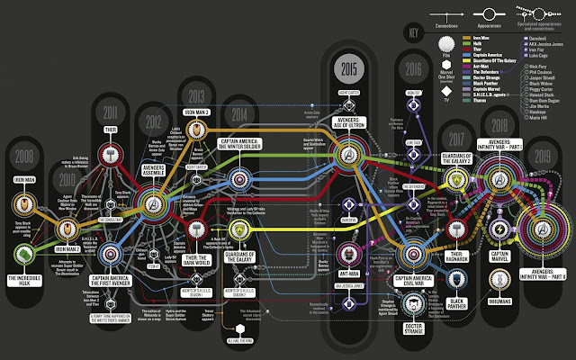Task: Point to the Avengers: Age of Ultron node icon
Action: pyautogui.click(x=348, y=155)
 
